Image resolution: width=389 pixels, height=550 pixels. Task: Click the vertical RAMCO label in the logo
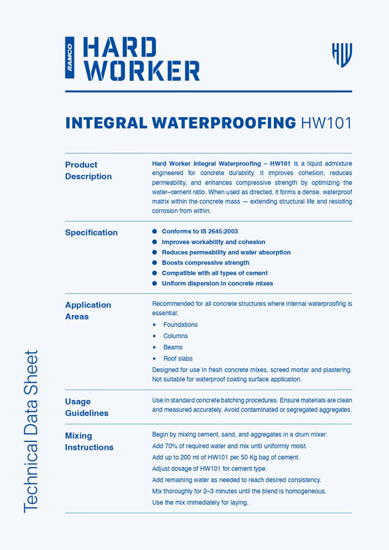tap(70, 59)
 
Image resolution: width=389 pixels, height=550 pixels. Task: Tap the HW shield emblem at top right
tap(342, 54)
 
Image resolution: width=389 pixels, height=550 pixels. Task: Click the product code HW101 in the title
tap(326, 123)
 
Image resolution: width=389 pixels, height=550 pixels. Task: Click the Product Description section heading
tap(89, 171)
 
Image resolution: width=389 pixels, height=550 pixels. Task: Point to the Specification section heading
tap(91, 233)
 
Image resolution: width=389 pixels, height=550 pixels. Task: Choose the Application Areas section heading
tap(88, 311)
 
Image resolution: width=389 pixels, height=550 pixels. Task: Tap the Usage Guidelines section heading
tap(87, 407)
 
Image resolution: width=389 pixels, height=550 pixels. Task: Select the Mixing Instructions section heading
tap(89, 441)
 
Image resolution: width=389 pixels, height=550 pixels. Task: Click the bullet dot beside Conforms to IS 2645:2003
tap(155, 231)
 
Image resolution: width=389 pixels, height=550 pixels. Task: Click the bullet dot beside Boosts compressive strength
tap(155, 263)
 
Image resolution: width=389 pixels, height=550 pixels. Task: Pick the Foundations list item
tap(181, 325)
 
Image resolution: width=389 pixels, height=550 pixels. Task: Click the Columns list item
tap(176, 336)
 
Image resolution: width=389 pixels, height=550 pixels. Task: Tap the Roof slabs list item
tap(178, 358)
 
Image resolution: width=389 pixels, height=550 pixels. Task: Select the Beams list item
tap(173, 347)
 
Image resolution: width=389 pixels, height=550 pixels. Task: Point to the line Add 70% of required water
tap(229, 446)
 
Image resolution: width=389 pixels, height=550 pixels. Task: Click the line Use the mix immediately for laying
tap(200, 503)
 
